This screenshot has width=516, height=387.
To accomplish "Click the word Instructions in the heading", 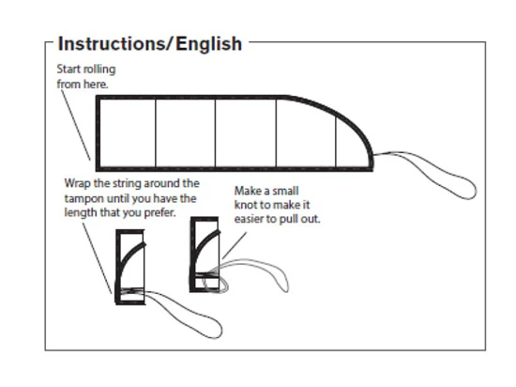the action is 114,43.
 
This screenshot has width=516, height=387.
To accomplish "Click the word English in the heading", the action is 209,44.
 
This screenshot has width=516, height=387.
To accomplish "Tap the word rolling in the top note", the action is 99,70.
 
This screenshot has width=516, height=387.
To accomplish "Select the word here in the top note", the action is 96,85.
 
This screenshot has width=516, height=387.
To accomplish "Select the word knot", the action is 246,205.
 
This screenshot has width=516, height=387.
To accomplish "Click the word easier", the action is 249,219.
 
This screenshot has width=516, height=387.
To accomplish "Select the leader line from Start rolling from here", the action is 76,125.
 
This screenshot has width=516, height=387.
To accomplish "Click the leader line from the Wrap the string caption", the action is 97,258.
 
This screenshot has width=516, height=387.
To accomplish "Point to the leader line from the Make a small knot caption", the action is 235,245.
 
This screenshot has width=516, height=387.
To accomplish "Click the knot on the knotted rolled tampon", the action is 215,284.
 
